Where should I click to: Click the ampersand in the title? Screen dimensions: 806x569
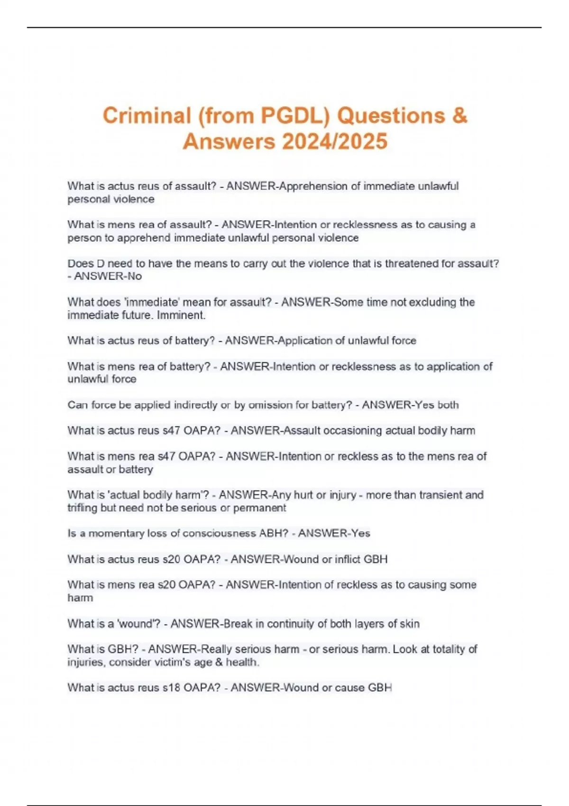coord(459,116)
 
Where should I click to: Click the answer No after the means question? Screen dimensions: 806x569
coord(135,276)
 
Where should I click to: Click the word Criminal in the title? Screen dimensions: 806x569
coord(147,116)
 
